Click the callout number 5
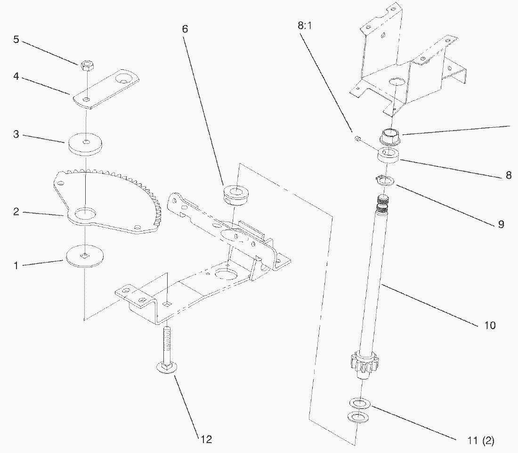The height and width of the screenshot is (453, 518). pos(16,40)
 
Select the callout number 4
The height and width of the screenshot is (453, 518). pos(16,77)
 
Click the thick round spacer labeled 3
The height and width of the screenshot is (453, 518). pos(85,144)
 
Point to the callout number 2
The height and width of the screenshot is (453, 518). pos(16,212)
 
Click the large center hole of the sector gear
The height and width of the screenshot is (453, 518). pos(86,213)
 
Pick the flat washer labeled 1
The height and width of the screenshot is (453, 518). pos(85,256)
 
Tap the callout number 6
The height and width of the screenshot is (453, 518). pos(185,29)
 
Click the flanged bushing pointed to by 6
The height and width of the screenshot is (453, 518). pos(236,195)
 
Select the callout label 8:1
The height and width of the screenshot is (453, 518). pos(305,25)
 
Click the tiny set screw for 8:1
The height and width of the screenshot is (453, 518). pos(357,138)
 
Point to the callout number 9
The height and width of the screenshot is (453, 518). pos(501,224)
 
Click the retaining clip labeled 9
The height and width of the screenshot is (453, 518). pos(385,181)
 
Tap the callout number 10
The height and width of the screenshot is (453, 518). pos(490,325)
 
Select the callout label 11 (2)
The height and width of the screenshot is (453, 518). pos(481,440)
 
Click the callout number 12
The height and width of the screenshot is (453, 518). pos(206,439)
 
